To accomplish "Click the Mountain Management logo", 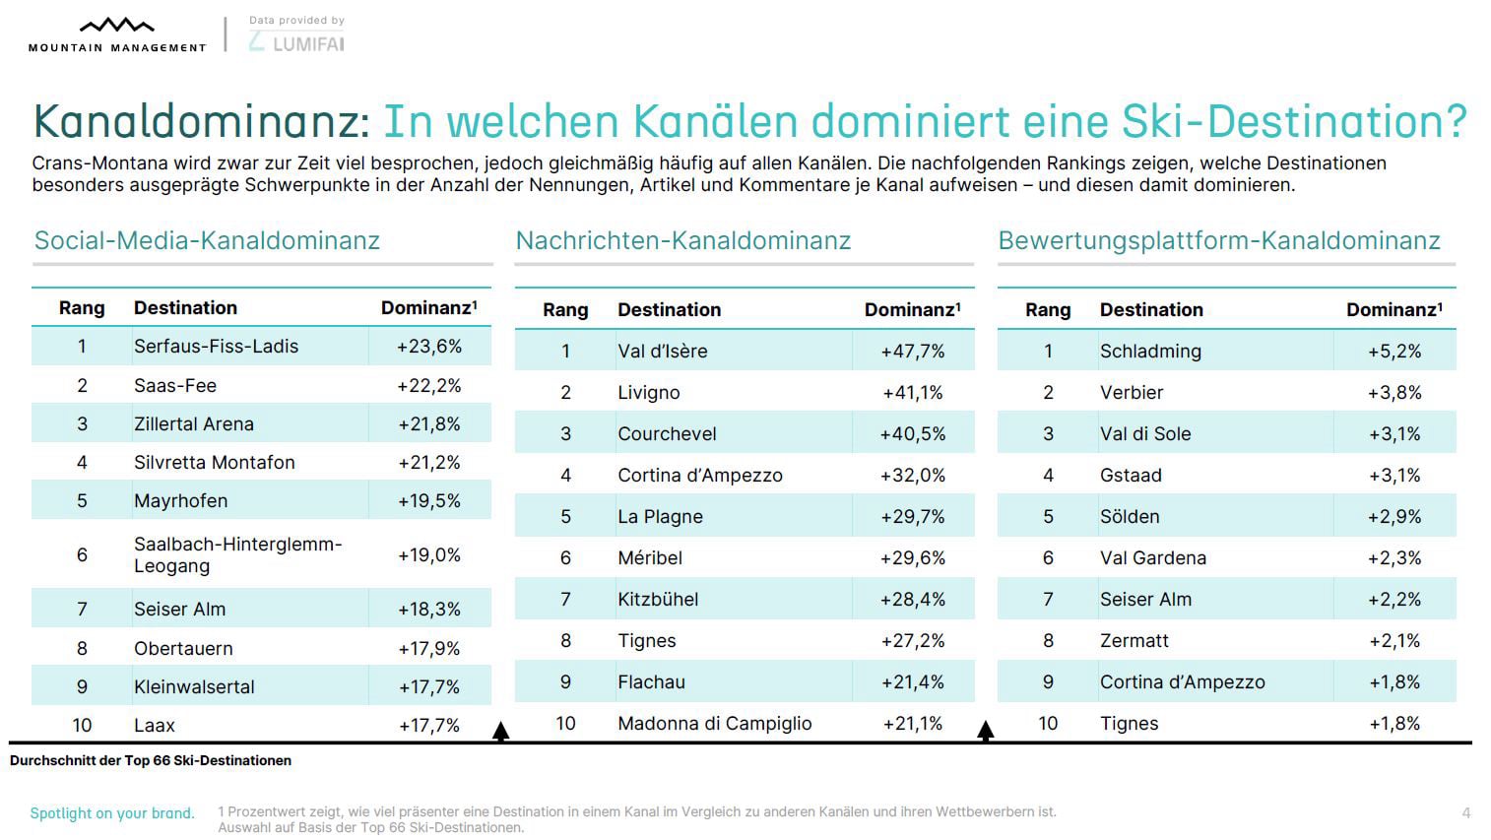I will (116, 34).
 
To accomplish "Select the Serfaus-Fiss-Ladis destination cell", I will (216, 347).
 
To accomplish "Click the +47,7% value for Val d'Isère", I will (912, 352).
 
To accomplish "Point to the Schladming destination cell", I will (1149, 352).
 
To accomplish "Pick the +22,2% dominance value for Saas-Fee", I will (428, 386).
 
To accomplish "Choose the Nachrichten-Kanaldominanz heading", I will (682, 241).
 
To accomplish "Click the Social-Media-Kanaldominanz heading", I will (207, 241).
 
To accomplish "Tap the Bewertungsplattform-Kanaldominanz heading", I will (1218, 241).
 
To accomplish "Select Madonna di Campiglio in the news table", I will (714, 724).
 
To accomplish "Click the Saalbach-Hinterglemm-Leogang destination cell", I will (237, 554).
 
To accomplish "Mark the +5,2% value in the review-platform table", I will (1394, 352).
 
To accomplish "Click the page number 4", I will (1465, 813).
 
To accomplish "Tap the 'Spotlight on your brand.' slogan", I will (112, 813).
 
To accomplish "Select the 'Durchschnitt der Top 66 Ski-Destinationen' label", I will (151, 761).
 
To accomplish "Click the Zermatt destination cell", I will (1134, 641).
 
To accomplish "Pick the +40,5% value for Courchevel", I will (912, 434).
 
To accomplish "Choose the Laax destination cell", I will (154, 726).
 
